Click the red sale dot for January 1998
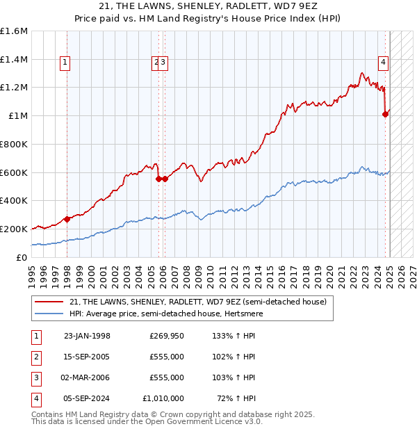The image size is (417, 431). point(67,219)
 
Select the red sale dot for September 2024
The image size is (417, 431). point(385,115)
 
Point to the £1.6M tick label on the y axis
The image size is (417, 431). point(14,31)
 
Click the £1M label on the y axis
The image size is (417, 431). point(19,115)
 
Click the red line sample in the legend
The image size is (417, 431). point(49,302)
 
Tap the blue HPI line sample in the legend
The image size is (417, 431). point(49,314)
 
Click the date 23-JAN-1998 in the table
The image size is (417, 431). point(87,336)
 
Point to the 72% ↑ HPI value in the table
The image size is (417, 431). point(237,399)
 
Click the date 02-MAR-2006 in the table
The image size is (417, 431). point(87,378)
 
